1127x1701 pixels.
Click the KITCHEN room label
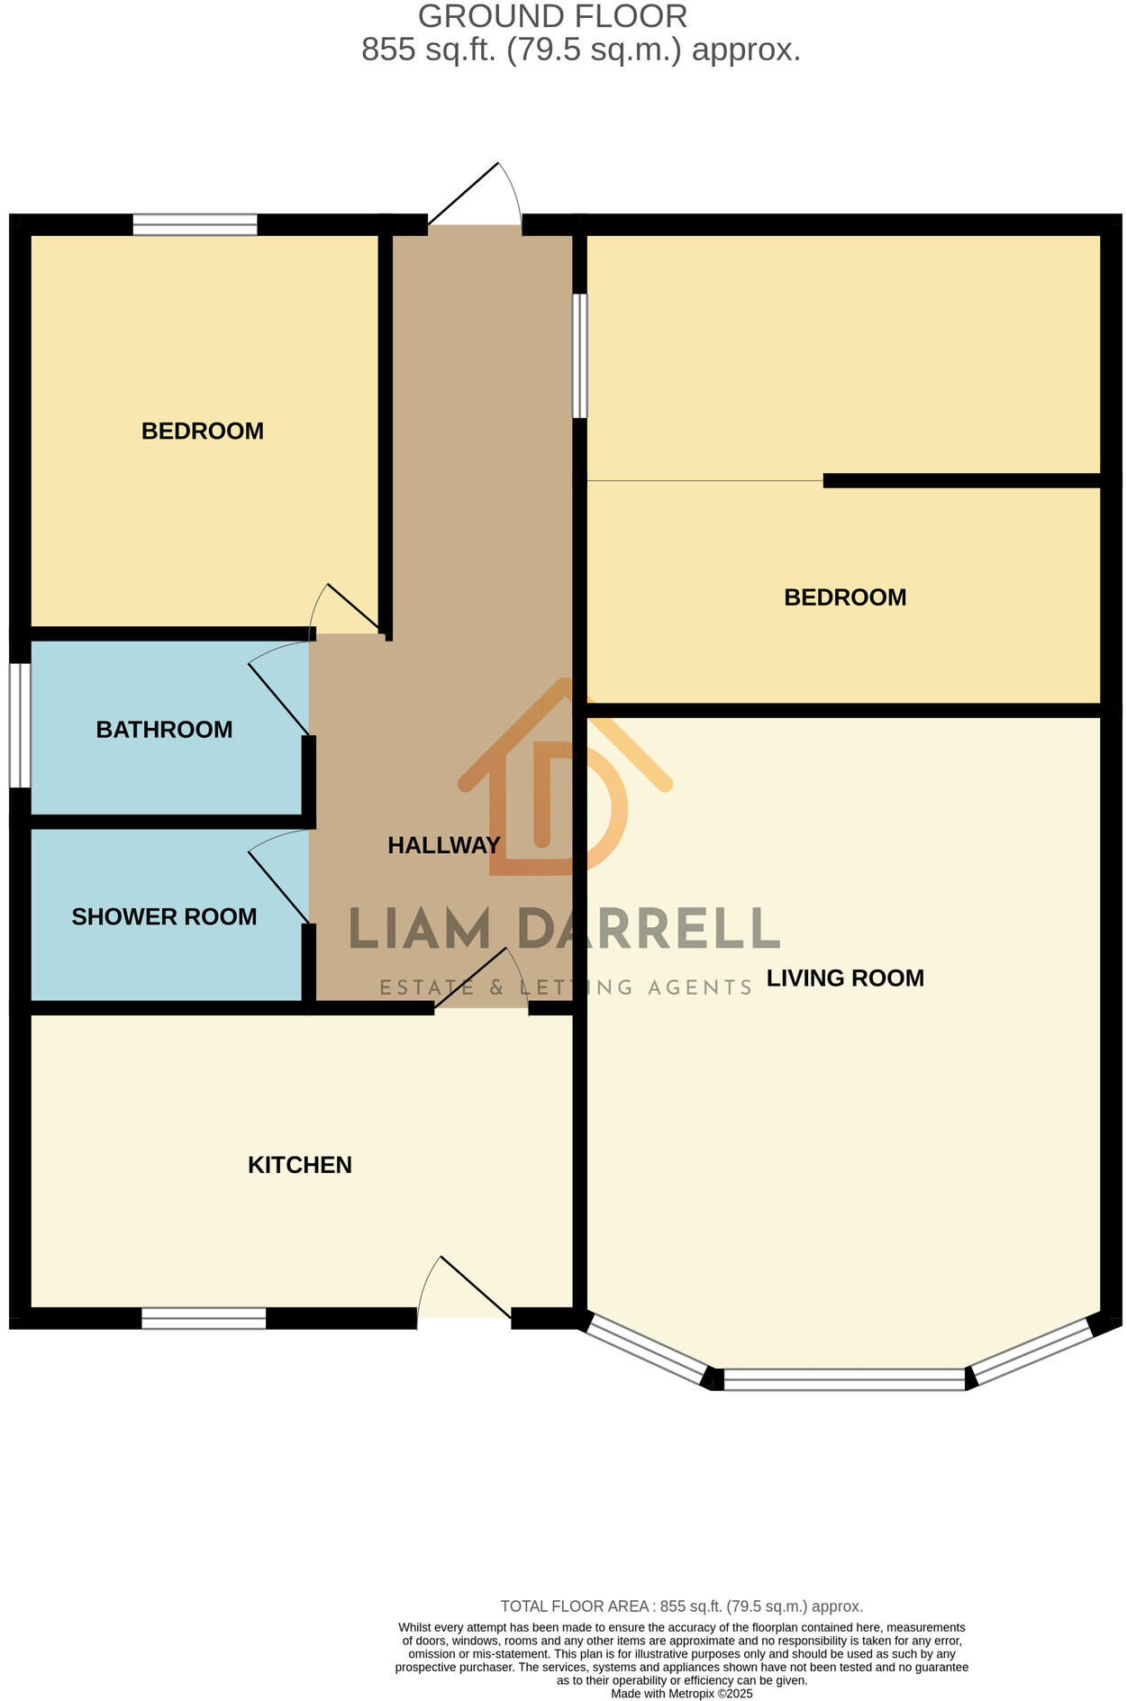(299, 1165)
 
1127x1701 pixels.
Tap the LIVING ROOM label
(844, 978)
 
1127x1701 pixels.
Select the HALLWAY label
(443, 845)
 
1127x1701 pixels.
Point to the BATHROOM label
(164, 729)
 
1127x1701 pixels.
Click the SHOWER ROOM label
(164, 916)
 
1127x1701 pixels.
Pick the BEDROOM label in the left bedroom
(202, 431)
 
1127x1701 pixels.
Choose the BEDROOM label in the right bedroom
(844, 597)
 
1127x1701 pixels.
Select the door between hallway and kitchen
(482, 982)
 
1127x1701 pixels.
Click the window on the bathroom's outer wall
(20, 725)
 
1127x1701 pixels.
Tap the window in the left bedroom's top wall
(195, 224)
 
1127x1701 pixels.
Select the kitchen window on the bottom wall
(204, 1318)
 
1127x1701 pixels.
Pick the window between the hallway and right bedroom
(581, 356)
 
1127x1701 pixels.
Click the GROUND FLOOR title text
(552, 16)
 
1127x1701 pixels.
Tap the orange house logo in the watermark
(563, 779)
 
